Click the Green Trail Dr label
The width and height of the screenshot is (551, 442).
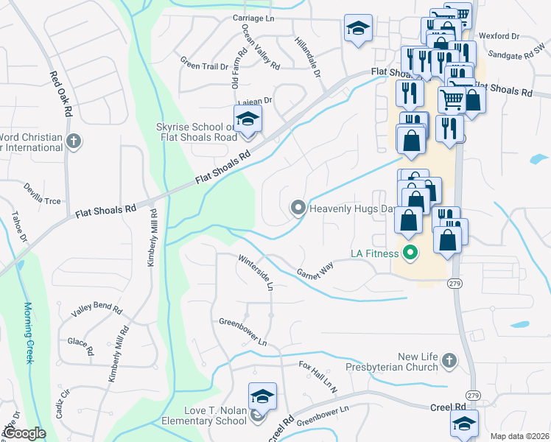204,66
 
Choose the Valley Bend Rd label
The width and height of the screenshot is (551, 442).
96,309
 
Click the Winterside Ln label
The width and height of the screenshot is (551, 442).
256,271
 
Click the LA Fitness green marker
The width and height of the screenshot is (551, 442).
411,253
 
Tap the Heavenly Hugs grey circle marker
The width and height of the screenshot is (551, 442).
298,208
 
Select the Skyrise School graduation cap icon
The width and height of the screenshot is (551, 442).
248,119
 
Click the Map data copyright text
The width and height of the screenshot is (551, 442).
519,435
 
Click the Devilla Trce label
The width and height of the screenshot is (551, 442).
41,194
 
